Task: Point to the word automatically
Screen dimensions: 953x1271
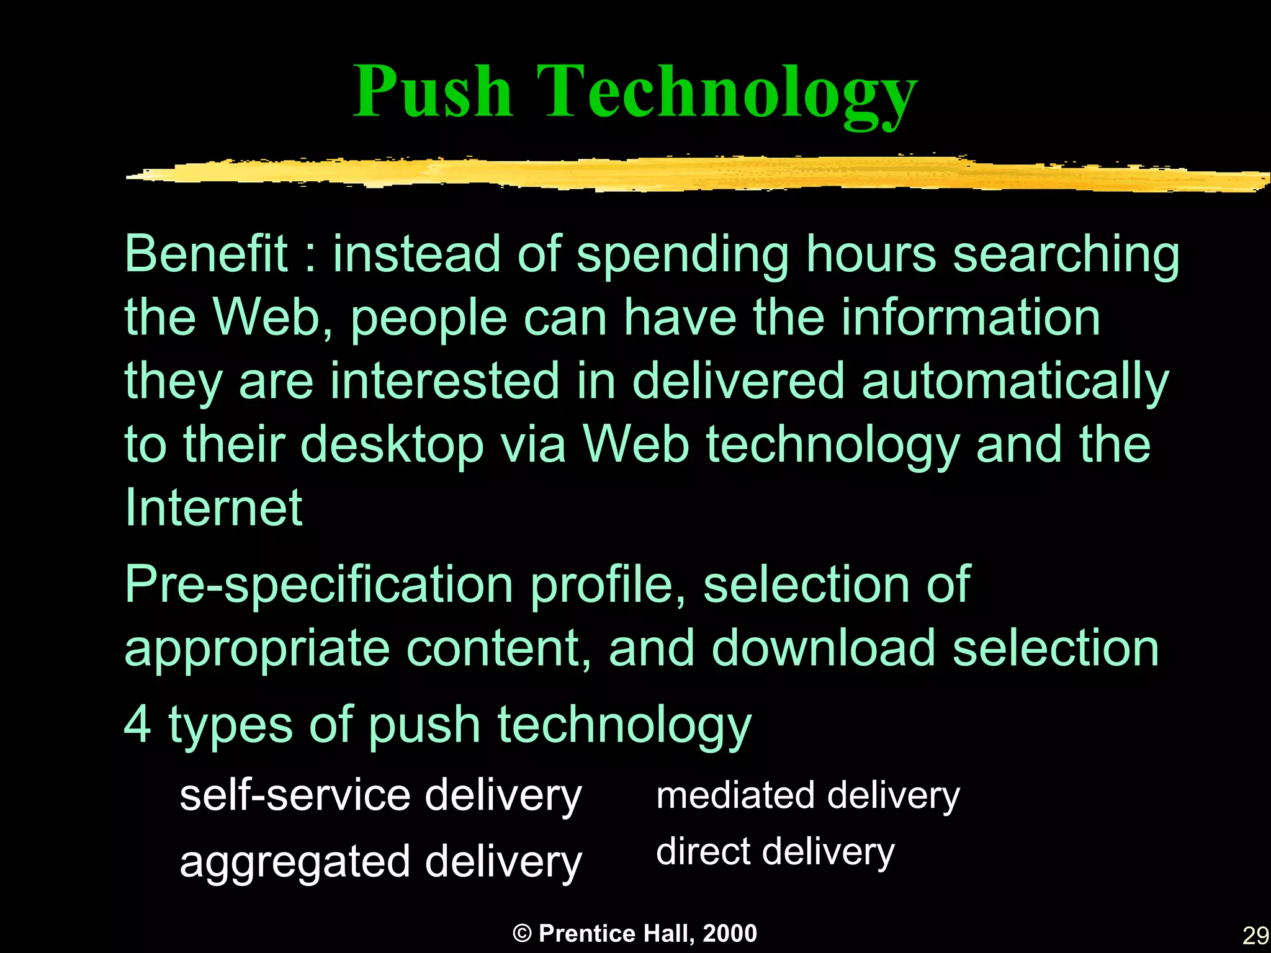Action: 1015,382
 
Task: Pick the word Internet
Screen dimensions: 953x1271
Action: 213,508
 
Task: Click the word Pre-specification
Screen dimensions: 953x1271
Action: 318,586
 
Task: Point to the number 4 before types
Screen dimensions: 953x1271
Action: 137,724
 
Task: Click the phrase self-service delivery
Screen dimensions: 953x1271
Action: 380,796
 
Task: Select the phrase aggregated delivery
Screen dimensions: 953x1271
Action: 380,863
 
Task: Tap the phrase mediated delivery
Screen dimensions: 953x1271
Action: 807,796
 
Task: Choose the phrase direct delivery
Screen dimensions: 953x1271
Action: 775,851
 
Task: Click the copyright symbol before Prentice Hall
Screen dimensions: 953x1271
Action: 523,933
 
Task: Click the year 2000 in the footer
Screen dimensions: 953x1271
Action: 730,933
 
